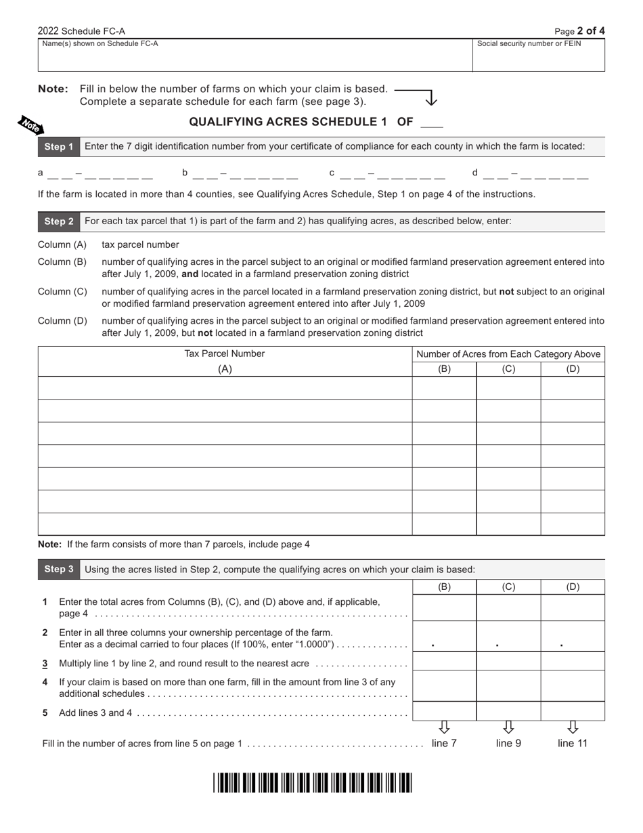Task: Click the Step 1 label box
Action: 59,147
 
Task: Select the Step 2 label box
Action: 59,221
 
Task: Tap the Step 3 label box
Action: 59,570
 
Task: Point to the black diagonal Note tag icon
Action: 30,125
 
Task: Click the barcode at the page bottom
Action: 313,783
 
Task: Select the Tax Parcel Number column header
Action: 225,354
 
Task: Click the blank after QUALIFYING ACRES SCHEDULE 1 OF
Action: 432,123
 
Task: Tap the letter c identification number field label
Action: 332,173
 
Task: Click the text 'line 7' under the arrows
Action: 444,744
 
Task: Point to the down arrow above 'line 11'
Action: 573,727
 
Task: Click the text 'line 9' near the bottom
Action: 508,744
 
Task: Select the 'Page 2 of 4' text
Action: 579,30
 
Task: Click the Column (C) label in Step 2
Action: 62,291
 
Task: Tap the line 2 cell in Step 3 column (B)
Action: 444,637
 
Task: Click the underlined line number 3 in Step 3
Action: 45,664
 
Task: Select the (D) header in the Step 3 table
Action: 573,587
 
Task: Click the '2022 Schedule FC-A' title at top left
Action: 81,31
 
